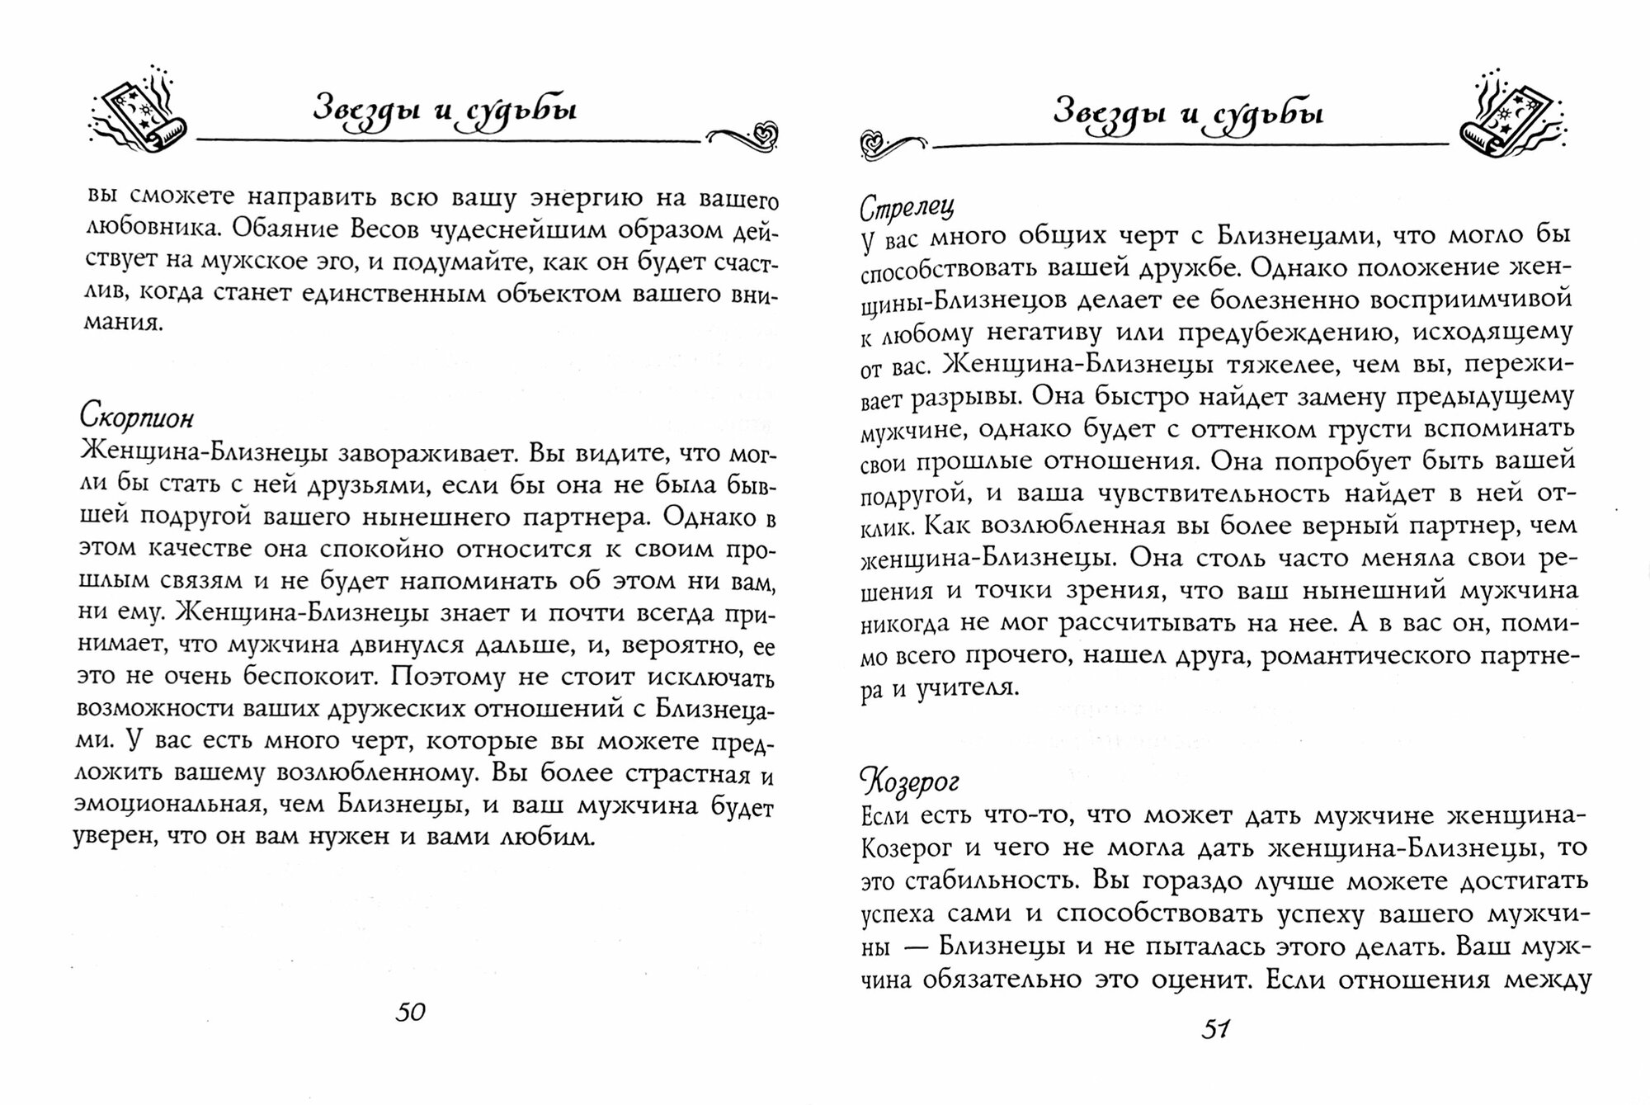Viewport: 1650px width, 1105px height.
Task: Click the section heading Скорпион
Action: click(137, 418)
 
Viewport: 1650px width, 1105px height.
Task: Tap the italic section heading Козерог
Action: click(909, 780)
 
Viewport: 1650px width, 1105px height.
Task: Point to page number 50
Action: click(410, 1012)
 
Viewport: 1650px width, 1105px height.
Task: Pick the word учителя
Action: click(967, 687)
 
